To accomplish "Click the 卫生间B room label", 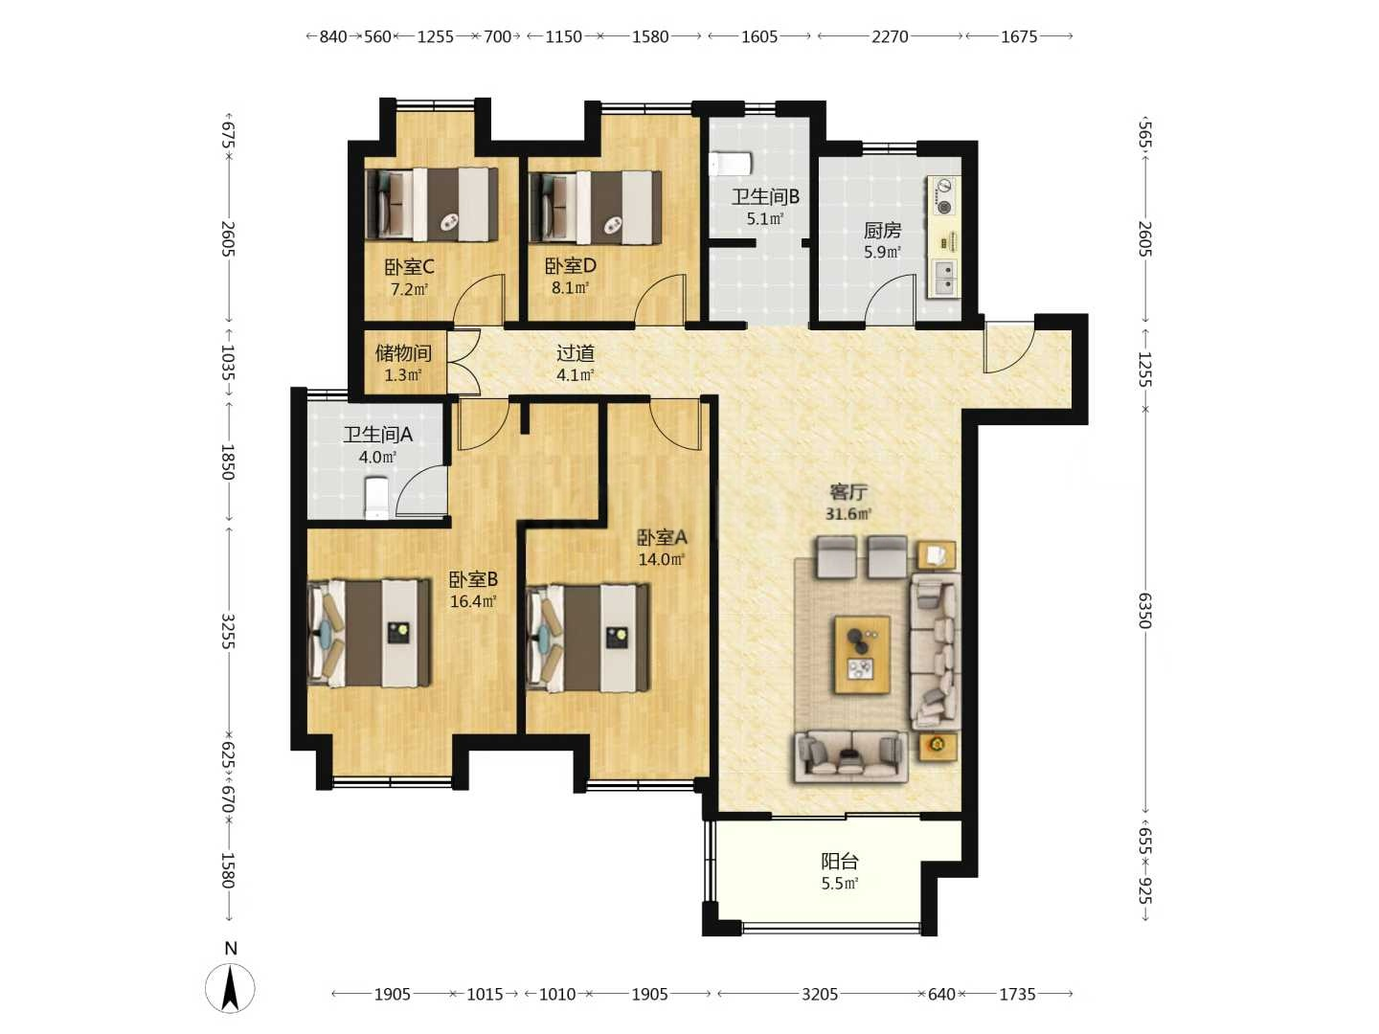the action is click(x=765, y=197).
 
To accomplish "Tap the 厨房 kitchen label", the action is click(x=882, y=231).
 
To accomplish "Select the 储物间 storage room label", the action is click(x=403, y=353).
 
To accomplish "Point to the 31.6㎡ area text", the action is click(x=848, y=513).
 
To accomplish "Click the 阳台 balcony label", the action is click(x=839, y=862).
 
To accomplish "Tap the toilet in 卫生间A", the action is click(x=376, y=499).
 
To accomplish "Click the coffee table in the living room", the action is click(x=862, y=655).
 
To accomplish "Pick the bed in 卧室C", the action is click(x=432, y=204).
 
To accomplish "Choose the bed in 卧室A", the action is click(x=587, y=639).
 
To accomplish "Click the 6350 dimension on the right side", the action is click(x=1144, y=610).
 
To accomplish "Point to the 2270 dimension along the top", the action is click(x=890, y=37).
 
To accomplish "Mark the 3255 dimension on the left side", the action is click(x=228, y=632).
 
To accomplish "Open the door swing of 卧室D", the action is click(x=659, y=300).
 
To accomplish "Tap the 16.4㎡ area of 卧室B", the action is click(x=473, y=601).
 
